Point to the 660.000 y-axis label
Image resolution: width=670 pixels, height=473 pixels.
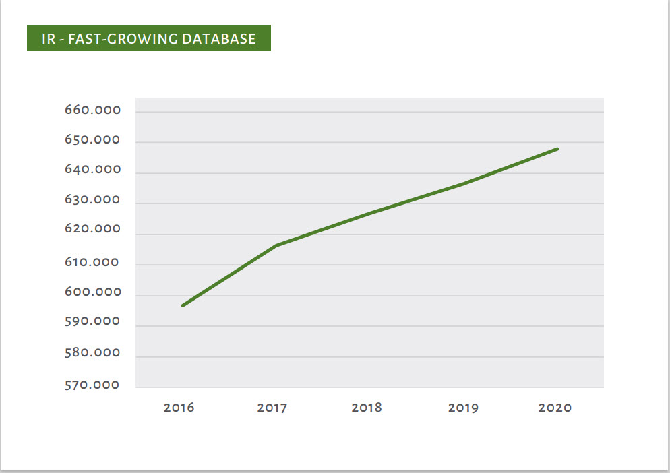tap(92, 111)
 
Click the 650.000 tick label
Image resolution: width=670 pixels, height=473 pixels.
tap(92, 141)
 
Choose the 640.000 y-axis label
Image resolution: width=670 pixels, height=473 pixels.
tap(92, 170)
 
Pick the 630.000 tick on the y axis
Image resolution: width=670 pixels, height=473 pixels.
tap(92, 200)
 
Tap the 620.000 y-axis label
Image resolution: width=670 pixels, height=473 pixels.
tap(92, 230)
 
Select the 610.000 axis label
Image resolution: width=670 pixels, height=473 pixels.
tap(92, 263)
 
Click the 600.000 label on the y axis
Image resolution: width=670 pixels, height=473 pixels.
tap(92, 292)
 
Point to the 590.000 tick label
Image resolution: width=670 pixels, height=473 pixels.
tap(92, 322)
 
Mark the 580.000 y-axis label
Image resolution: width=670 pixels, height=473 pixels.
tap(92, 353)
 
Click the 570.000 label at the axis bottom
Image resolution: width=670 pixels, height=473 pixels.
tap(92, 385)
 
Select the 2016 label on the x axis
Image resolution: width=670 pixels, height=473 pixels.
tap(179, 408)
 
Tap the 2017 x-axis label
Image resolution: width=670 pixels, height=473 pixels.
tap(272, 408)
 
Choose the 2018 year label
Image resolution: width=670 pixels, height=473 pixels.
tap(367, 408)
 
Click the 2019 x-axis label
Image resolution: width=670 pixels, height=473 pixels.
tap(462, 408)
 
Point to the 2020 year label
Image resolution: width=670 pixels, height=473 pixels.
tap(555, 408)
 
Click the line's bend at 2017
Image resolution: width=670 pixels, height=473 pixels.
tap(276, 245)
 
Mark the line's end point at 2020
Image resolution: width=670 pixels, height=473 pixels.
tap(557, 149)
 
